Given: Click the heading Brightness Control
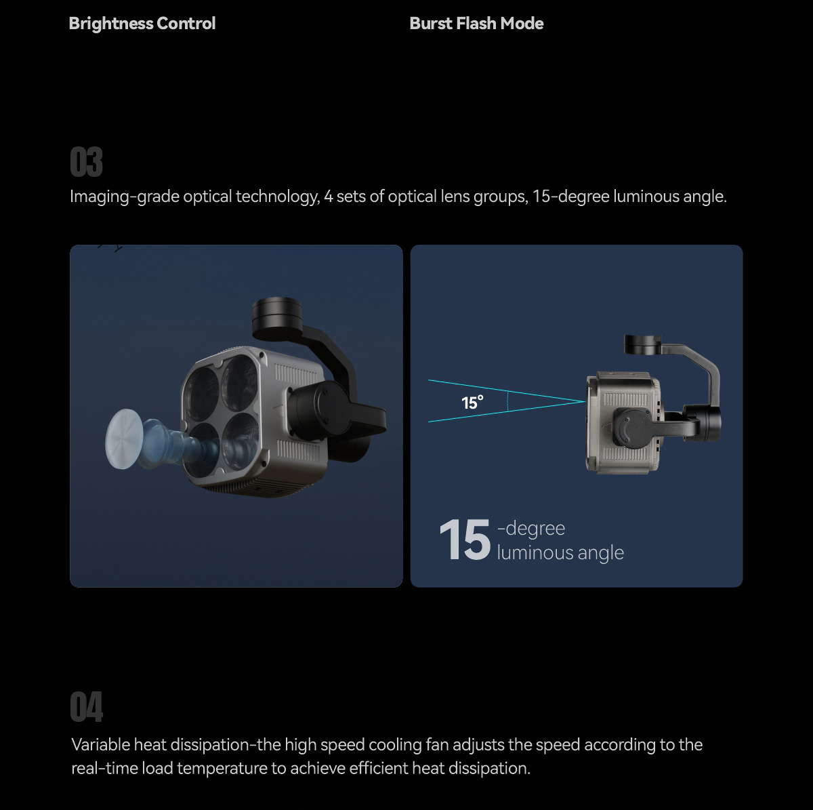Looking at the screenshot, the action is pyautogui.click(x=142, y=24).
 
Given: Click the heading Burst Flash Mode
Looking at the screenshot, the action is pyautogui.click(x=476, y=24).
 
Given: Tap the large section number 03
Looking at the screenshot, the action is pyautogui.click(x=86, y=162).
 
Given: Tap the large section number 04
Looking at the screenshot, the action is pyautogui.click(x=86, y=706).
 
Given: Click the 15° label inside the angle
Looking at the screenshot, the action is pyautogui.click(x=472, y=403).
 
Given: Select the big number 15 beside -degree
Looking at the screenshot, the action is pyautogui.click(x=465, y=540).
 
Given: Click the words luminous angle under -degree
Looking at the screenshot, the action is pyautogui.click(x=560, y=553).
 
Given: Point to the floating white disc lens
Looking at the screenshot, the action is pyautogui.click(x=123, y=439).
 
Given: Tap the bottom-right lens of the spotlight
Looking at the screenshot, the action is pyautogui.click(x=240, y=441).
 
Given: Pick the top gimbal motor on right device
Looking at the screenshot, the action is pyautogui.click(x=642, y=344).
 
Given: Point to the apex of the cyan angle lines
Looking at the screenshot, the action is pyautogui.click(x=585, y=401).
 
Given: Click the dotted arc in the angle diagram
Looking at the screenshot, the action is pyautogui.click(x=507, y=401).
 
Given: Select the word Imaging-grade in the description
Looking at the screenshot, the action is pyautogui.click(x=125, y=197).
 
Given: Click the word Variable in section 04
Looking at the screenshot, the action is pyautogui.click(x=101, y=745).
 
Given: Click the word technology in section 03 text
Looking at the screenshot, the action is pyautogui.click(x=277, y=197).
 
